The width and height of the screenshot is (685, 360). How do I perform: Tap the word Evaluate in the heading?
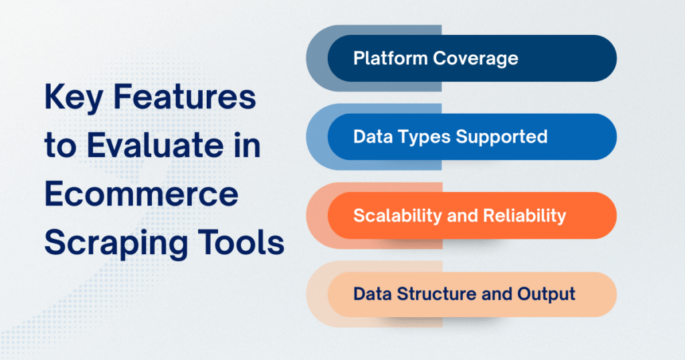coord(153,147)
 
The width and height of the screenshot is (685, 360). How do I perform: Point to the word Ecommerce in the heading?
coord(141,195)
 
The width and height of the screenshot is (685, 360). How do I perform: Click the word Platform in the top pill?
coord(390,59)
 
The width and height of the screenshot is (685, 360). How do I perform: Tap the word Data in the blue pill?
coord(370,137)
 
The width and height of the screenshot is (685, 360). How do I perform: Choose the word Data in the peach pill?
coord(370,294)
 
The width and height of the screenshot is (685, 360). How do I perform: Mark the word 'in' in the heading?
coord(250,147)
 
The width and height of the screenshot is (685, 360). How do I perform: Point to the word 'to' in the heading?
coord(61,147)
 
